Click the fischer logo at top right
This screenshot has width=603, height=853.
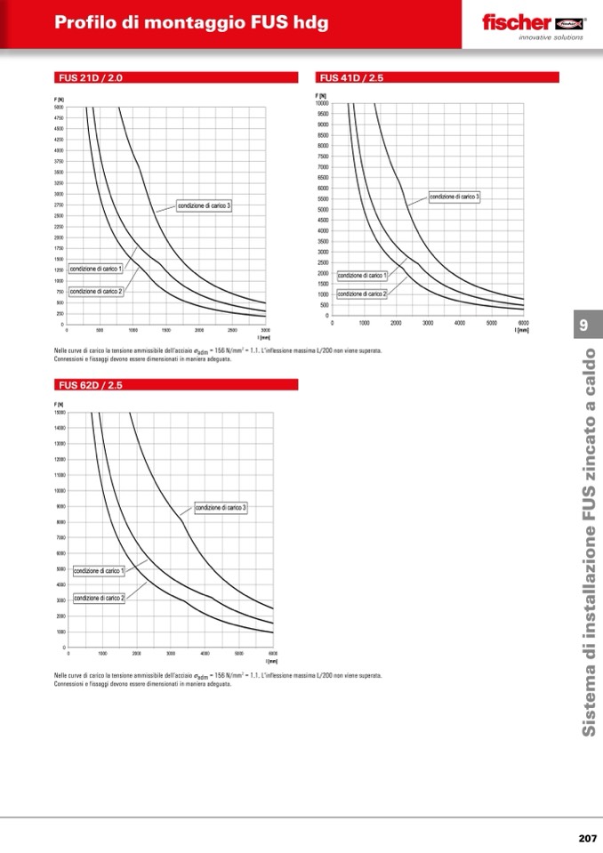point(533,23)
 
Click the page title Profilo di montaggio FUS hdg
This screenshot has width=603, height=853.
point(191,23)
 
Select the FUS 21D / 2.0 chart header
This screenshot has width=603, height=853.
point(89,78)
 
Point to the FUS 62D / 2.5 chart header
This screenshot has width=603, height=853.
point(89,385)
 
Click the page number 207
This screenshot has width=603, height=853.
point(586,838)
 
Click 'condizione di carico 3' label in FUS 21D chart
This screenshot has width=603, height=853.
point(204,205)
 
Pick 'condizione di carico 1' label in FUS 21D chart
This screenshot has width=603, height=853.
point(95,269)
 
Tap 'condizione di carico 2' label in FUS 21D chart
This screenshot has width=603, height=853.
point(95,291)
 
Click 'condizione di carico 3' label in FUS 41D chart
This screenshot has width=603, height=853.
point(454,196)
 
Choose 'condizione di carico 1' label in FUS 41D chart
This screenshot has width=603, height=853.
point(362,276)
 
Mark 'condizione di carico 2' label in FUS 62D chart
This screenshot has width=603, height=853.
point(99,598)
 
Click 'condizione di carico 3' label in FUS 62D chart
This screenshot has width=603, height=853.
point(221,507)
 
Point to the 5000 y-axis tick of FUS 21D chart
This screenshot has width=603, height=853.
point(59,107)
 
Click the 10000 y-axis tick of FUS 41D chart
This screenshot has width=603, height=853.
point(322,103)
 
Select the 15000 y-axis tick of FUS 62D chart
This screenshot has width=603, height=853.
point(60,413)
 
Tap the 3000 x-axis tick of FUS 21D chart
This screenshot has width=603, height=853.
point(265,329)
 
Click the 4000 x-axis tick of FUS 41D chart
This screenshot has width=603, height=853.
point(460,323)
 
